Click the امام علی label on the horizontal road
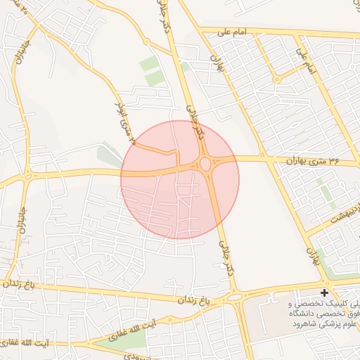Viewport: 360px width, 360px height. [232, 31]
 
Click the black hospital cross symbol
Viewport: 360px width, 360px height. [324, 292]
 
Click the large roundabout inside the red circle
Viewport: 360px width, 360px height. [205, 165]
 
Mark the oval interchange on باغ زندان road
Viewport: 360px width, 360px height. [236, 297]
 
